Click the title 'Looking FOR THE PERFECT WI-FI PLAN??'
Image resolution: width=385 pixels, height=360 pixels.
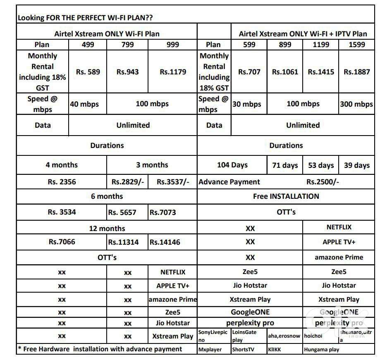[87, 18]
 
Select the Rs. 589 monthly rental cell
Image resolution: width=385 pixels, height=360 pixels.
[88, 72]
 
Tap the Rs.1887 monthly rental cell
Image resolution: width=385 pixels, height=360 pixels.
[356, 72]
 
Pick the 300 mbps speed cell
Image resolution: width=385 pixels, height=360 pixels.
[356, 104]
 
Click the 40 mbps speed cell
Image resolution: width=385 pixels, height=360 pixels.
[84, 104]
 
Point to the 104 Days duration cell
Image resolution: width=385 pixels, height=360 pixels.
[232, 165]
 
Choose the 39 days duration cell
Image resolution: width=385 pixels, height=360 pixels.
[356, 165]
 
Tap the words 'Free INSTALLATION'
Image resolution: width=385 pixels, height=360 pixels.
[286, 196]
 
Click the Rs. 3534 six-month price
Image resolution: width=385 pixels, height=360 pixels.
[62, 212]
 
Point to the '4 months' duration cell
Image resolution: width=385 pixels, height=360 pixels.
[62, 165]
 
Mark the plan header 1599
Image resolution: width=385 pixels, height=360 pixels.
[356, 45]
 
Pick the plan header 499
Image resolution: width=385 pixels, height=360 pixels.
[88, 45]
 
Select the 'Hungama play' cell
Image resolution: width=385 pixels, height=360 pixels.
[321, 349]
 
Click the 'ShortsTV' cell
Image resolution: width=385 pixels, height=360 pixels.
[243, 349]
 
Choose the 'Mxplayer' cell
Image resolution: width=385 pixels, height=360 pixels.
[210, 349]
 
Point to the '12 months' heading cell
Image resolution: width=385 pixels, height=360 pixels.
[107, 228]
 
